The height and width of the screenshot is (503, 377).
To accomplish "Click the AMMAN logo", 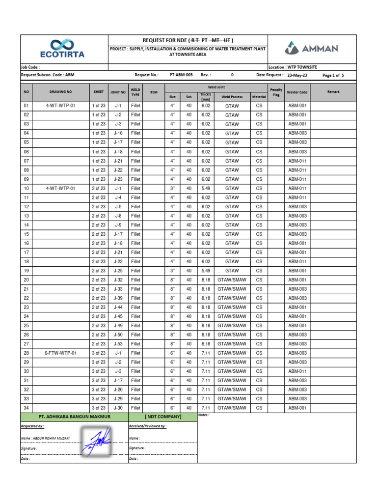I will [x=311, y=49].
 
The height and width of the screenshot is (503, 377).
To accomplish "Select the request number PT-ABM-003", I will [x=181, y=75].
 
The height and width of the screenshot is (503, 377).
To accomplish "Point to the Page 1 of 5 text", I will [x=333, y=75].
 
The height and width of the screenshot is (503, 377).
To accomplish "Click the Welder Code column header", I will [x=297, y=92].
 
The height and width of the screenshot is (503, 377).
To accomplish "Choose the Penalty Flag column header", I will [x=276, y=92].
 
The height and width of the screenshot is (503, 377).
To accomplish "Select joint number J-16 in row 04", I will [x=118, y=133].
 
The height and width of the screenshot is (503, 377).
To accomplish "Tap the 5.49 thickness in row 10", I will [x=206, y=188].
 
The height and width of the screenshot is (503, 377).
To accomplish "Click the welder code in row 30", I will [x=297, y=371].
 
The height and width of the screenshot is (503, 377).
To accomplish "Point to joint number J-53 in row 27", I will [x=118, y=344].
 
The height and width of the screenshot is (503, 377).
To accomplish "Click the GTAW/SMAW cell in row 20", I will [x=232, y=280].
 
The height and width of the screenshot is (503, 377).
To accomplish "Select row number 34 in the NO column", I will [x=27, y=408].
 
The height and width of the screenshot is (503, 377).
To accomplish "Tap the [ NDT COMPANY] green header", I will [x=163, y=417].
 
